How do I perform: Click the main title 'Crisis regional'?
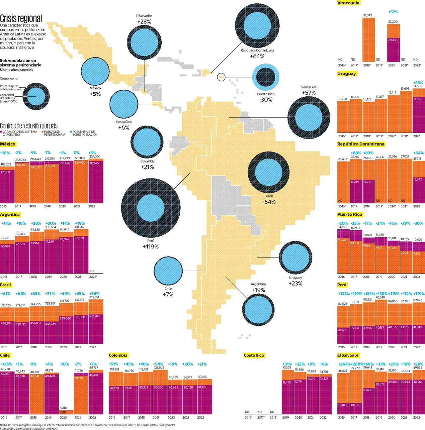pos(21,18)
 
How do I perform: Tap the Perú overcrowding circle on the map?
pos(151,208)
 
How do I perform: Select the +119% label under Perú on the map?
pos(151,247)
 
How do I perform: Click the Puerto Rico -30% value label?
pos(266,100)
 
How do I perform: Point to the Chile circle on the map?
pos(168,271)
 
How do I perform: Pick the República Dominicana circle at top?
pos(257,26)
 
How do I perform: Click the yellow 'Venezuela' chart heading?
pos(348,3)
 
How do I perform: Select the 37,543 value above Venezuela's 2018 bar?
pos(367,15)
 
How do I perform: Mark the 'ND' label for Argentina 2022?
pos(92,271)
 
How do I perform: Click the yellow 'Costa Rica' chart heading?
pos(254,355)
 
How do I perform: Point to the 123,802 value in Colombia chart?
pos(159,368)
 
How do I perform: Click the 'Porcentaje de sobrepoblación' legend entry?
pos(84,133)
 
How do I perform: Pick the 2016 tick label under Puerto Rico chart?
pos(341,277)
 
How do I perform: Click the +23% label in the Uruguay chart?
pos(418,83)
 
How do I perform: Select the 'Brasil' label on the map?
pos(268,196)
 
